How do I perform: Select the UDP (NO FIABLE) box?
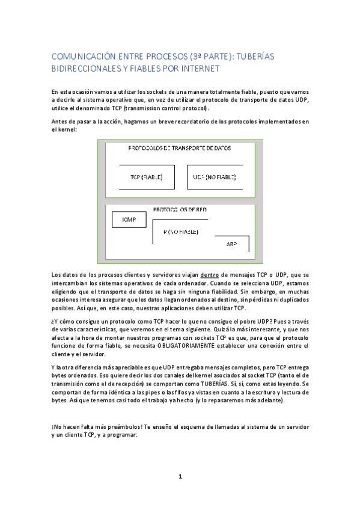(x=215, y=177)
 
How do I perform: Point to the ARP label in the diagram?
(x=231, y=244)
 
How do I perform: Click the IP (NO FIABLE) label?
(x=180, y=232)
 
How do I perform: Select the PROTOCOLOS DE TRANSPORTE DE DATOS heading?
(x=180, y=148)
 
